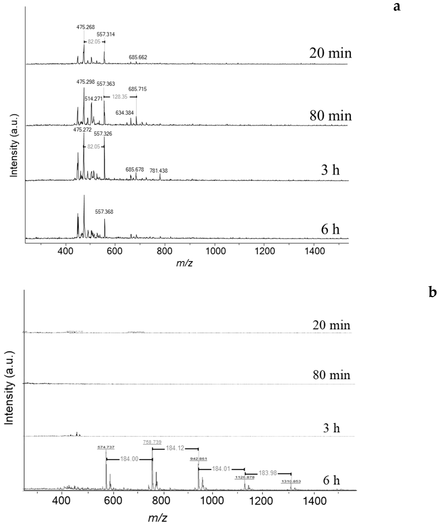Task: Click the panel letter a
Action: click(x=397, y=7)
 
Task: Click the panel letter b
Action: click(x=433, y=292)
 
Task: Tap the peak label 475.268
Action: click(x=86, y=27)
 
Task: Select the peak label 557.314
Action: click(x=106, y=34)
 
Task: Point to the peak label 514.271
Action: click(x=93, y=99)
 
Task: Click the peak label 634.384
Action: click(x=125, y=113)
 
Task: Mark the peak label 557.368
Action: click(x=104, y=212)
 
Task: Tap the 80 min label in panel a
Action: click(x=330, y=116)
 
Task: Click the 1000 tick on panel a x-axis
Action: click(x=215, y=251)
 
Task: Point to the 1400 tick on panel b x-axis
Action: click(x=314, y=501)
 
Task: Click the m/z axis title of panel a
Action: click(x=184, y=263)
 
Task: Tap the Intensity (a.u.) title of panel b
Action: click(x=9, y=388)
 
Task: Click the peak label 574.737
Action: click(x=106, y=447)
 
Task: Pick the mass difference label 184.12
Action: click(x=175, y=448)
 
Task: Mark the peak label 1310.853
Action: click(x=291, y=481)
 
